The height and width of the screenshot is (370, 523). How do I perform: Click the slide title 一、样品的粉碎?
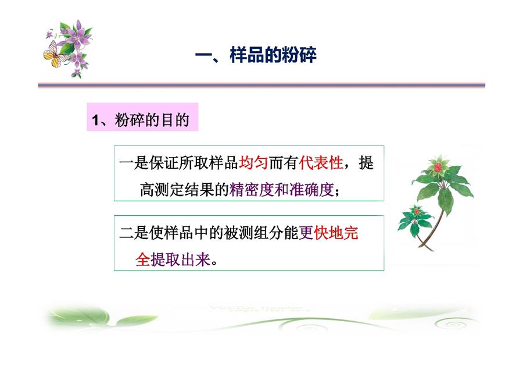(256, 55)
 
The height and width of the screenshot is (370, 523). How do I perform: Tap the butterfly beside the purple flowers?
(55, 55)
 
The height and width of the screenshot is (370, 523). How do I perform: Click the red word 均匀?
(253, 163)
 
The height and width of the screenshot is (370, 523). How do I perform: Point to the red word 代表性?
(321, 163)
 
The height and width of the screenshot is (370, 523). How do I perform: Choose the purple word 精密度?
(252, 190)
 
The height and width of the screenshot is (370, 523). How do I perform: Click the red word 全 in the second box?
(143, 259)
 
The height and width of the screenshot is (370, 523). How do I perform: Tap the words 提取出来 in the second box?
(181, 259)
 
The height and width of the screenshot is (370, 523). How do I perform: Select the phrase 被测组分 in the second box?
(253, 233)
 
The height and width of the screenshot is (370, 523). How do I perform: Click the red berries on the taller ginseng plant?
(438, 166)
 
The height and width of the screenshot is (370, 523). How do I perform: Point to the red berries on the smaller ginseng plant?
(416, 211)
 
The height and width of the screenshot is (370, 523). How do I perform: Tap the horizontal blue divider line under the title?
(261, 85)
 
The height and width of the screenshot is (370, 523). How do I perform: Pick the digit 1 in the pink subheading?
(96, 120)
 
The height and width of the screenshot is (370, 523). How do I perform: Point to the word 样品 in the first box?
(224, 163)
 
